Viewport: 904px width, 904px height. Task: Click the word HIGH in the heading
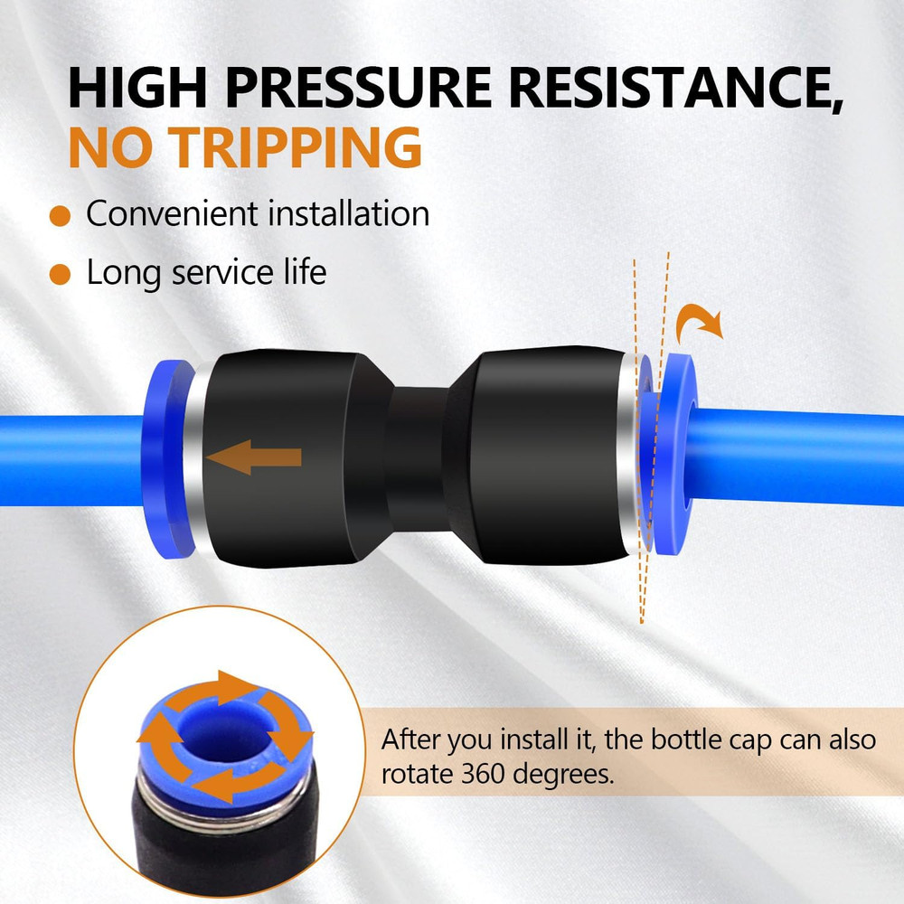[x=137, y=88]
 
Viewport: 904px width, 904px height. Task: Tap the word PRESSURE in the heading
[x=357, y=88]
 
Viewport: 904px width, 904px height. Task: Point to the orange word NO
[x=108, y=147]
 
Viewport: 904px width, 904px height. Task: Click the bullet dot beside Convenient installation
[x=60, y=216]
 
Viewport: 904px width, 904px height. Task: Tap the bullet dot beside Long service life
[x=60, y=275]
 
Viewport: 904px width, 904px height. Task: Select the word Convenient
[x=172, y=214]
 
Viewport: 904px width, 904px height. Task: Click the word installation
[x=349, y=213]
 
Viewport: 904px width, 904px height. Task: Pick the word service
[x=222, y=273]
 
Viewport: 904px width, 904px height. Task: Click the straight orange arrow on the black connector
[x=254, y=457]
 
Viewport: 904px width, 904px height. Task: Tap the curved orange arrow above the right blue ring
[x=698, y=322]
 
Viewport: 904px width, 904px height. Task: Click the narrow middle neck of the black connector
[x=416, y=456]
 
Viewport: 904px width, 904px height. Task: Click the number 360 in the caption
[x=481, y=774]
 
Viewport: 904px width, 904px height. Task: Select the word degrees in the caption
[x=563, y=775]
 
